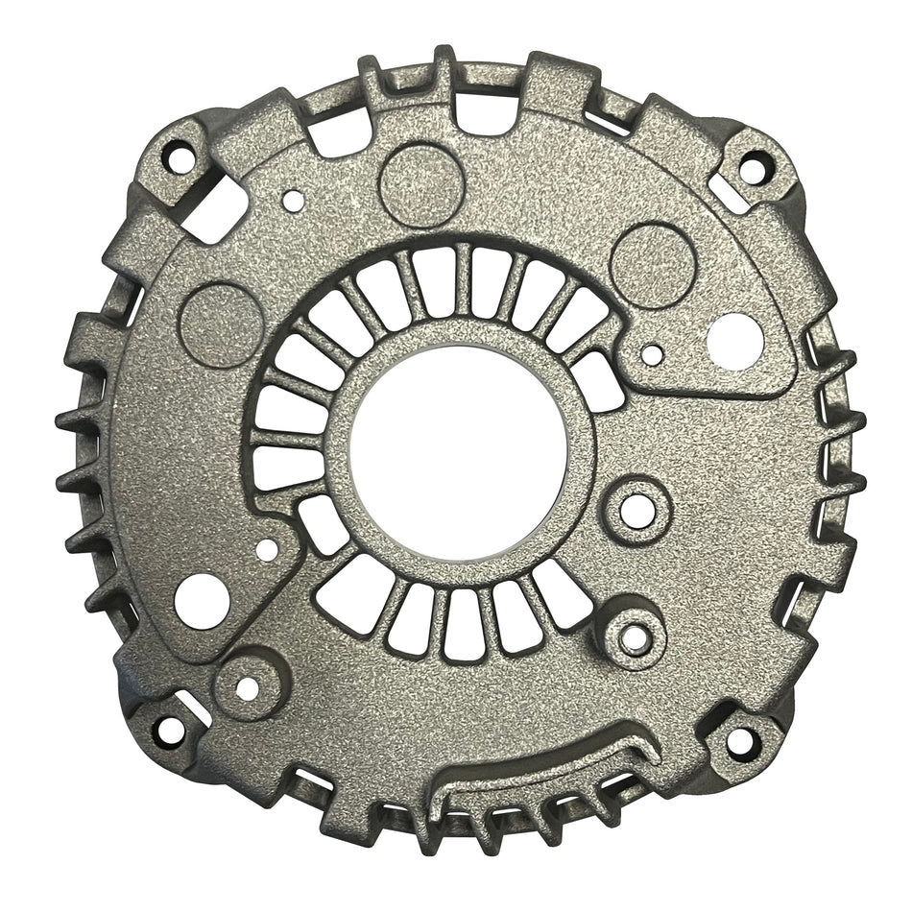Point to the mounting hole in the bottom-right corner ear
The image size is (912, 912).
pos(740,740)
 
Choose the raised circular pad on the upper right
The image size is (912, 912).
pos(653,266)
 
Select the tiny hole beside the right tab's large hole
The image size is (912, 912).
pos(652,354)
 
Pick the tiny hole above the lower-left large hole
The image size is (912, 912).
pos(268,549)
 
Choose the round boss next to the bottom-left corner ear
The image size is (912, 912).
pos(247,687)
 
